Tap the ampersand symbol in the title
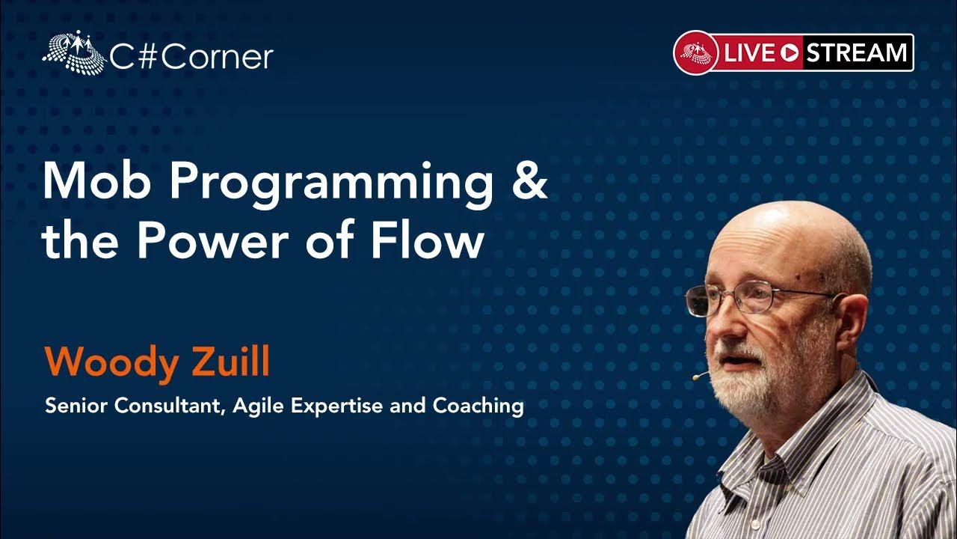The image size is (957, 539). [x=530, y=180]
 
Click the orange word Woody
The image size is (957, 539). [x=111, y=363]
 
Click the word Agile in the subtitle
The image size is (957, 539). [x=258, y=406]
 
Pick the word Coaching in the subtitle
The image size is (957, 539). [x=478, y=406]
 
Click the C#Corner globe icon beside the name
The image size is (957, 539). [x=74, y=52]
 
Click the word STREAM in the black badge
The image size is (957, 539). [x=856, y=52]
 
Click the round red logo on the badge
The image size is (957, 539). [x=696, y=53]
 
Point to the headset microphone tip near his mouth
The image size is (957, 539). [x=696, y=377]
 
